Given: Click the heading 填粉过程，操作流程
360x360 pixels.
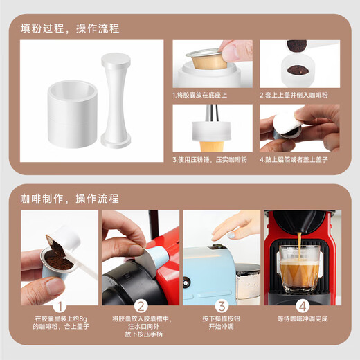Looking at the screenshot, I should pyautogui.click(x=70, y=28).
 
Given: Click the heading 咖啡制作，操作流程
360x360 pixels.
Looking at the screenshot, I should pyautogui.click(x=70, y=198).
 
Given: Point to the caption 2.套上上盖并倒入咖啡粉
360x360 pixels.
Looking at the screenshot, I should pyautogui.click(x=299, y=94).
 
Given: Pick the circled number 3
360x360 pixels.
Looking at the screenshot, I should pyautogui.click(x=221, y=305).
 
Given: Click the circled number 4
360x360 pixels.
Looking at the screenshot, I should pyautogui.click(x=302, y=305).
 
